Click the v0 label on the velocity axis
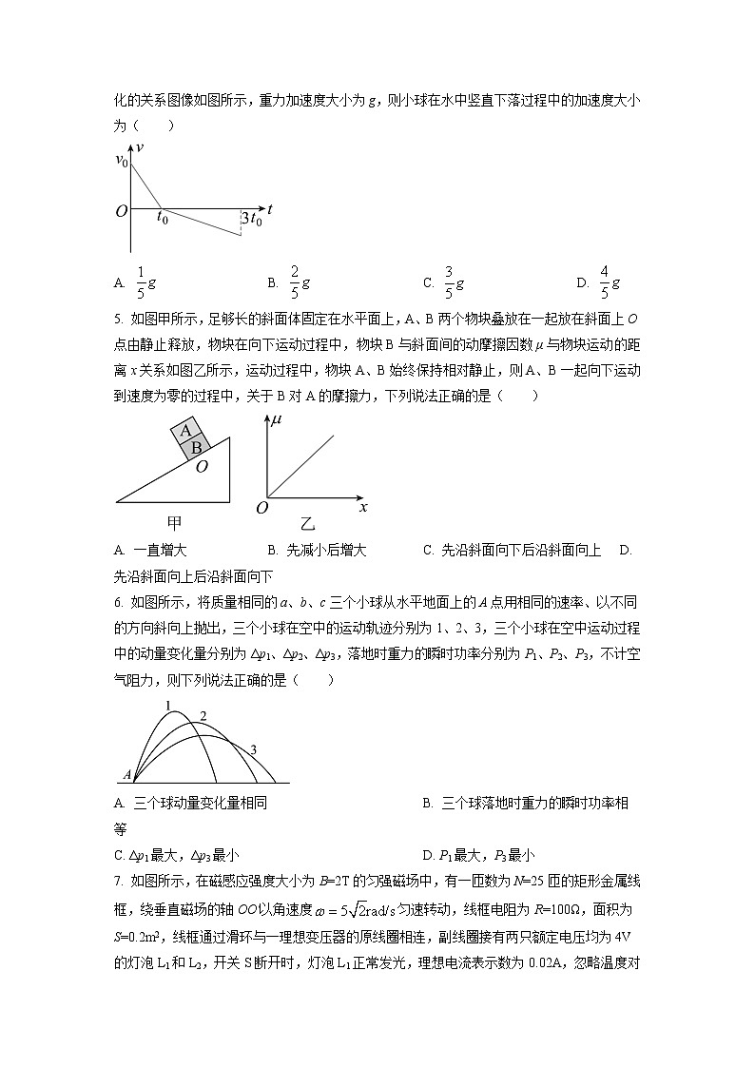coord(121,161)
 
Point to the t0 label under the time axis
coord(163,219)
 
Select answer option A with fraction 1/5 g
coord(135,282)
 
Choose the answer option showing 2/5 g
coord(291,282)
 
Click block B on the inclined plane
coord(197,447)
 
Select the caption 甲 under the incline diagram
coord(174,523)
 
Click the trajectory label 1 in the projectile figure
coord(168,705)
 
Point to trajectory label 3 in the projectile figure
coord(253,751)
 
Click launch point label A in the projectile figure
coord(126,775)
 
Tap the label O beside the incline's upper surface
coord(202,466)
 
